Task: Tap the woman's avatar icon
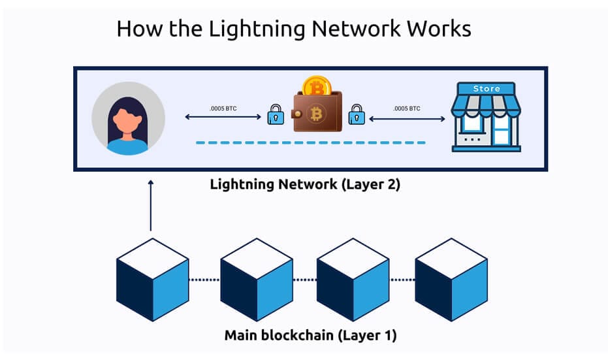point(128,118)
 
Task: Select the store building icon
point(487,117)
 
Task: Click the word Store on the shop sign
point(487,88)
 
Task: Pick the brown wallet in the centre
point(316,112)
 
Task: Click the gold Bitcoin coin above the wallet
point(317,87)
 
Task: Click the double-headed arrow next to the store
point(407,118)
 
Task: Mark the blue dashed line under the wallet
point(311,142)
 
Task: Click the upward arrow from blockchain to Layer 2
point(151,205)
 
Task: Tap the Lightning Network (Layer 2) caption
point(304,184)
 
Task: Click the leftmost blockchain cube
point(153,280)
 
